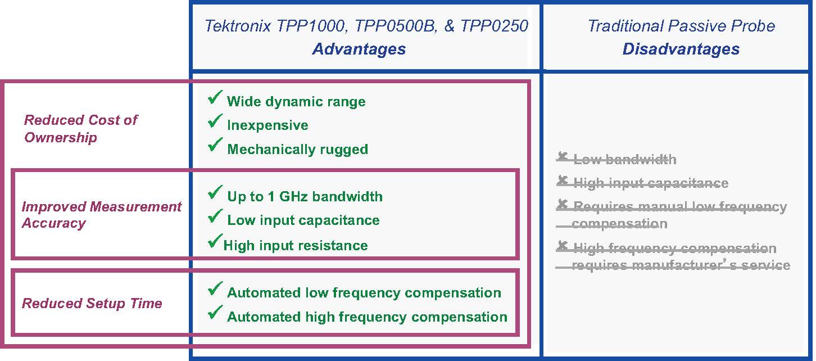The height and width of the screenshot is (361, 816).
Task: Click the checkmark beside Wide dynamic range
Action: point(215,98)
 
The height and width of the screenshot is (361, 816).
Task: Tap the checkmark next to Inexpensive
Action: point(215,121)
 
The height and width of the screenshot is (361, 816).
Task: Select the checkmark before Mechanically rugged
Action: point(215,146)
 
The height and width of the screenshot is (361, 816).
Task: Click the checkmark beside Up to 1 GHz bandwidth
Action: point(215,193)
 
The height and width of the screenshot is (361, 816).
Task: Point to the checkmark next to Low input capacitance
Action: point(215,216)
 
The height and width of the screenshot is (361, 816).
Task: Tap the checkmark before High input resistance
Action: point(215,242)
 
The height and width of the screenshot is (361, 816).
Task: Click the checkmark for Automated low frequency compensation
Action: point(215,290)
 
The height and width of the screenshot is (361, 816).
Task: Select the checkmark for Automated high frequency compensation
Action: point(215,313)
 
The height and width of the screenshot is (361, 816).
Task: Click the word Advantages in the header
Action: point(359,49)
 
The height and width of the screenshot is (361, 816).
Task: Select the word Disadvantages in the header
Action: point(681,49)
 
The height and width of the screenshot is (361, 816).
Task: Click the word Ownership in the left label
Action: point(61,137)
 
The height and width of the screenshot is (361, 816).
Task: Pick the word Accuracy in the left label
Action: point(54,223)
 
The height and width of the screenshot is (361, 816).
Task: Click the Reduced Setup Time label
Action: point(92,304)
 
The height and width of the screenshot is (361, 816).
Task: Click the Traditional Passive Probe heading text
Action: point(681,26)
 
